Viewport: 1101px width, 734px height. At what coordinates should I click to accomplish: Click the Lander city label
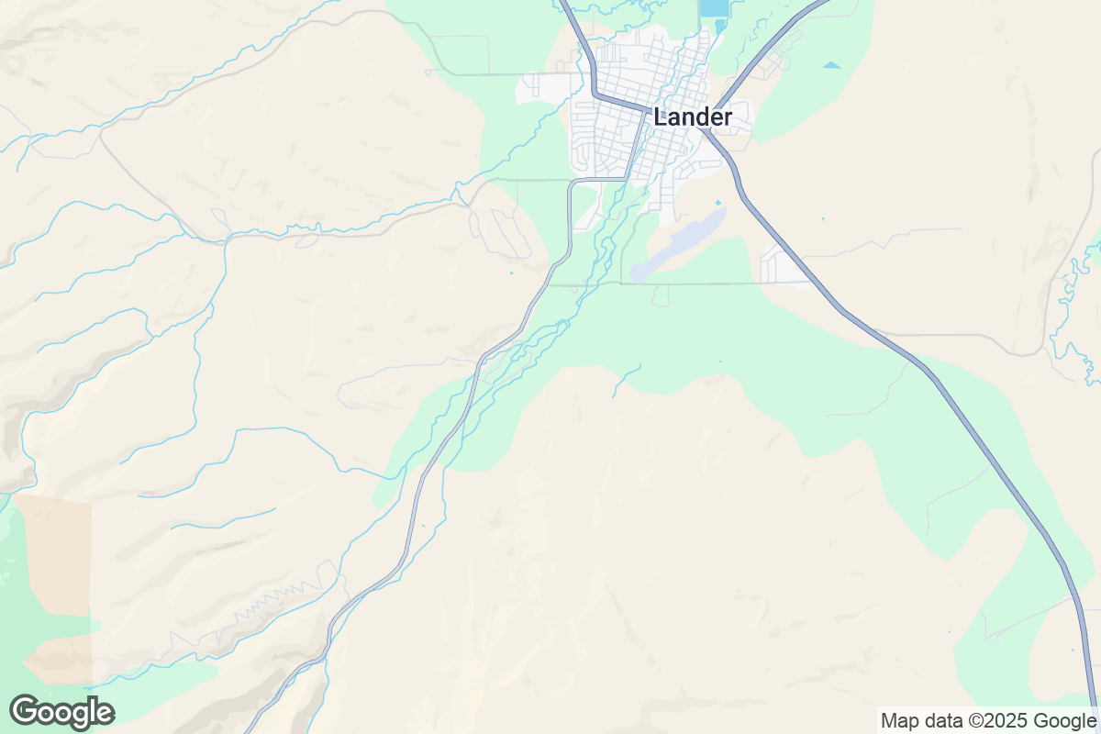(693, 117)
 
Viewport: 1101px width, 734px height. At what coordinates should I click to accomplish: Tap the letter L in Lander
(661, 117)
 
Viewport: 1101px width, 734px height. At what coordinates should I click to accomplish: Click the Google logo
(62, 712)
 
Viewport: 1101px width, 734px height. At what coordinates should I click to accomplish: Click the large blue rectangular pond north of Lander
(711, 8)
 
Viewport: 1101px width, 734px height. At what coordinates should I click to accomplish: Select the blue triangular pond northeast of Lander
(831, 65)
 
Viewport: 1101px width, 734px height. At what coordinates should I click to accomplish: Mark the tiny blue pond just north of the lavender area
(717, 203)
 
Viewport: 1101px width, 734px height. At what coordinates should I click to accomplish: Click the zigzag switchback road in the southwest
(275, 596)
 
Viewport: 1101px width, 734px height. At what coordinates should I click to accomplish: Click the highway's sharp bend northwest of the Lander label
(594, 93)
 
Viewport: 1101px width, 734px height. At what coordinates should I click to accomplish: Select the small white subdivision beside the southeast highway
(781, 265)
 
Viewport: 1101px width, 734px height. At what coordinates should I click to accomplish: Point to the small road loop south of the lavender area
(662, 295)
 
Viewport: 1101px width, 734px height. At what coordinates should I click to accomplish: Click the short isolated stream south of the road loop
(626, 381)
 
